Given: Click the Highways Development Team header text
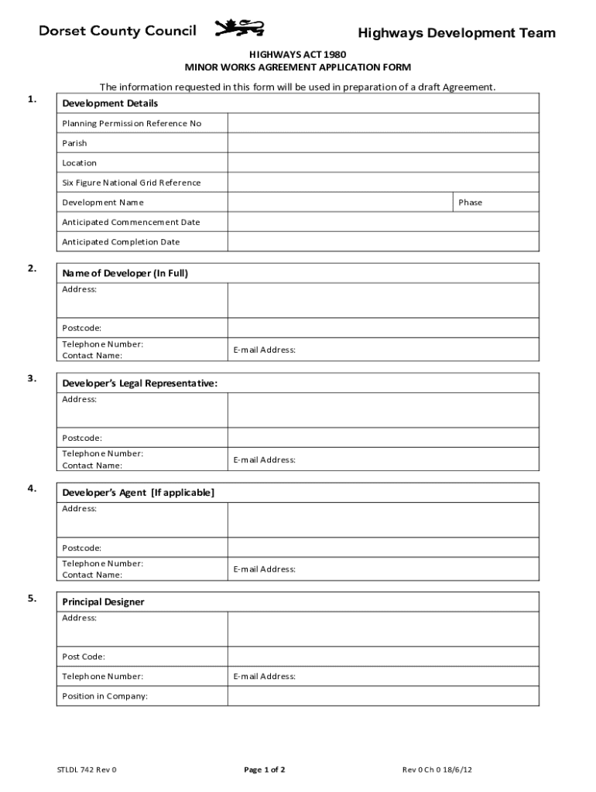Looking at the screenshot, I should (x=456, y=33).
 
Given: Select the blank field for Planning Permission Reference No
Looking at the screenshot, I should (x=382, y=123).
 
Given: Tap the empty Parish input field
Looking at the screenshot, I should (x=382, y=143).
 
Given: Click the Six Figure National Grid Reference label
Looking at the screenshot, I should (x=131, y=183).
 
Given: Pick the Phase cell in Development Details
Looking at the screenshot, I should (x=495, y=203).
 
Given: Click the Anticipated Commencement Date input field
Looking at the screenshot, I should (x=382, y=222).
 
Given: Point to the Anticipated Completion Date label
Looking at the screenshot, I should (x=121, y=242).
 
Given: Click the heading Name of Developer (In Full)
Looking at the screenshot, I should (x=125, y=273).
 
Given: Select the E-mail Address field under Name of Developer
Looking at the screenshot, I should (x=382, y=350).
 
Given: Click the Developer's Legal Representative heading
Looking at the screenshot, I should (x=139, y=384).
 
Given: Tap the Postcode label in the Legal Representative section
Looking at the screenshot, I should (x=82, y=438).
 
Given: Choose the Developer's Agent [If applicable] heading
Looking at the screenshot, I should (x=139, y=493).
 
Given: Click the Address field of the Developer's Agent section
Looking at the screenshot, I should (x=382, y=520).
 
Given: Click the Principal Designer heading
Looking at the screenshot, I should (x=103, y=602).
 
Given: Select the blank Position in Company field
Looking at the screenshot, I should (x=382, y=696).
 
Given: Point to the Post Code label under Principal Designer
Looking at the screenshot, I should (x=84, y=657).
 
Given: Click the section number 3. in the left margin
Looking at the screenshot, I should (x=32, y=378).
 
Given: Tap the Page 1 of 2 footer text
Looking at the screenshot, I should (x=265, y=770).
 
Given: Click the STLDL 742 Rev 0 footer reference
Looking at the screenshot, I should (x=87, y=770).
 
